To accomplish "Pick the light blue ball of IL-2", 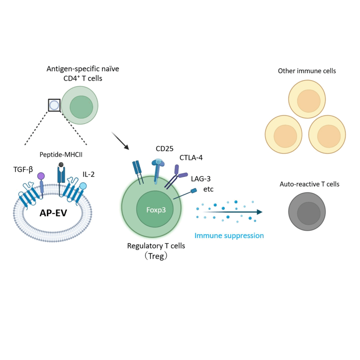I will click(83, 186).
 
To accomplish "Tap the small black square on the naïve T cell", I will click(54, 105).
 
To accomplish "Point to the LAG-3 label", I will click(201, 179).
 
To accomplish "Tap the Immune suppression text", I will click(229, 236).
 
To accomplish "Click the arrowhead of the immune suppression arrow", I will click(259, 212).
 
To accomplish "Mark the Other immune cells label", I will click(307, 71).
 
